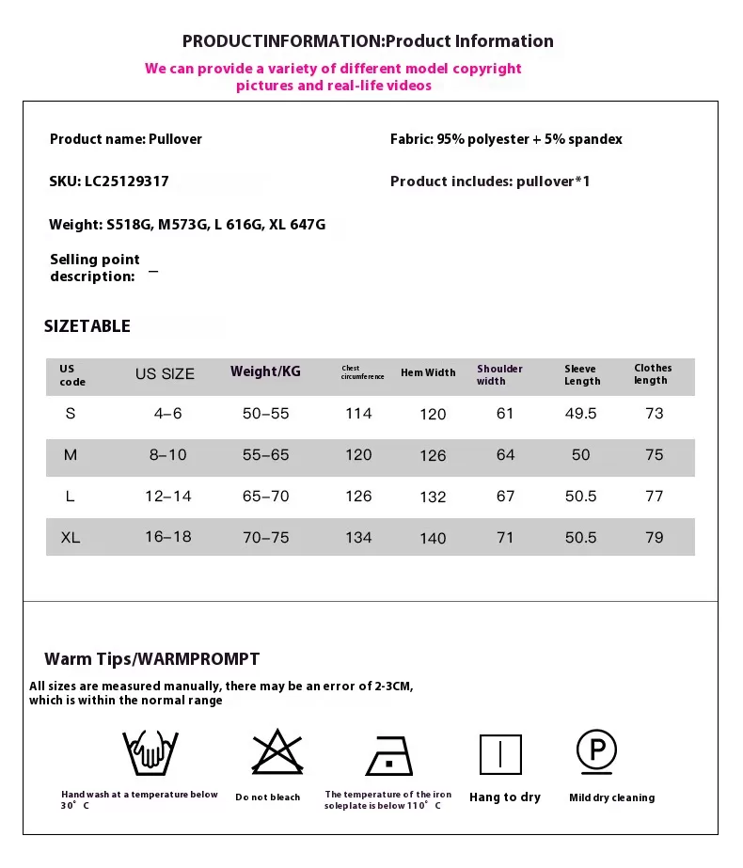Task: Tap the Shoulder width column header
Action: (499, 374)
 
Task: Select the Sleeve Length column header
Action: (582, 374)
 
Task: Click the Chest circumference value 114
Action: (358, 414)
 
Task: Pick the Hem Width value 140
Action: (433, 539)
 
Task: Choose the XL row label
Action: (70, 538)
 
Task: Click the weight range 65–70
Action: (265, 497)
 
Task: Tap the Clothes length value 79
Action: (654, 538)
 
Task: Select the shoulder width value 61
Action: (505, 414)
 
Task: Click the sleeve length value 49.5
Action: (580, 414)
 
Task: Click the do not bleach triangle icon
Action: (268, 753)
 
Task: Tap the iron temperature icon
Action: (387, 755)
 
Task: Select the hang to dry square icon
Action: (500, 754)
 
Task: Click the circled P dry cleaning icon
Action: (596, 750)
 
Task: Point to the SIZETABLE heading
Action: (87, 326)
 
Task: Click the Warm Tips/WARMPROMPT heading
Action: (151, 659)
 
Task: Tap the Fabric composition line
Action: (506, 139)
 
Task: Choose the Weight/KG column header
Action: (265, 371)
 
